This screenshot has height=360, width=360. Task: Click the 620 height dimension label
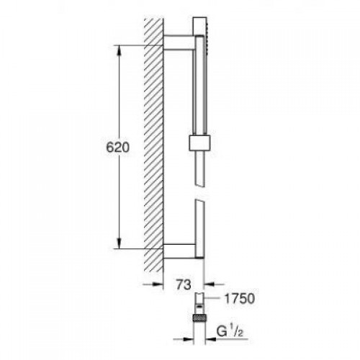[x=117, y=148]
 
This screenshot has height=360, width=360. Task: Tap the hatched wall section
[x=153, y=144]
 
